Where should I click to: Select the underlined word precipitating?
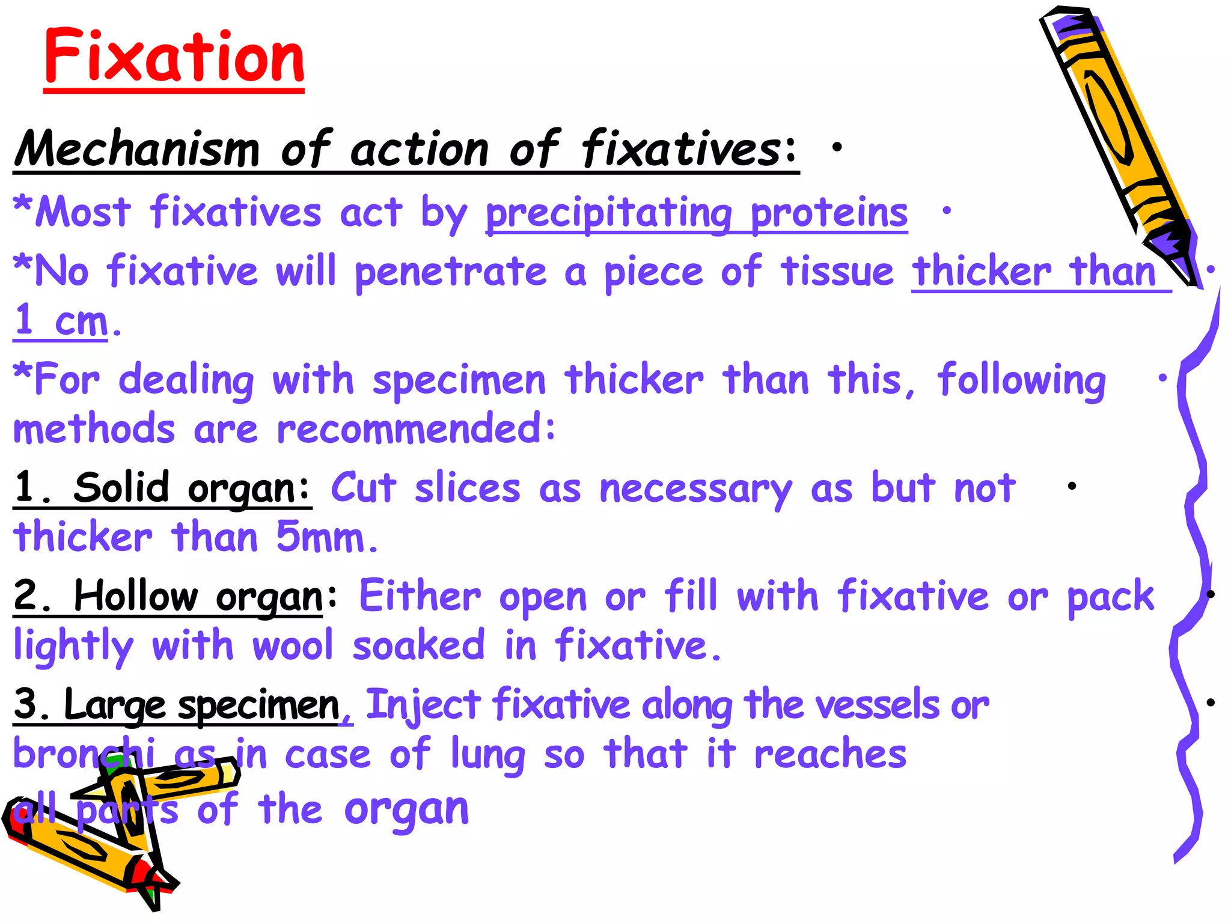coord(608,213)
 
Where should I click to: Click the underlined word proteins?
coord(829,213)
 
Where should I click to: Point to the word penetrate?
coord(450,272)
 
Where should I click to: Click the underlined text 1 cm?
coord(60,321)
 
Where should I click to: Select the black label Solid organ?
coord(191,489)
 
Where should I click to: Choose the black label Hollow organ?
coord(198,597)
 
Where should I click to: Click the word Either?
coord(420,597)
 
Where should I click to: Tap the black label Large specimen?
coord(201,705)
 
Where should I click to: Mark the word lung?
coord(487,755)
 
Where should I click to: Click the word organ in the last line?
coord(406,810)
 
